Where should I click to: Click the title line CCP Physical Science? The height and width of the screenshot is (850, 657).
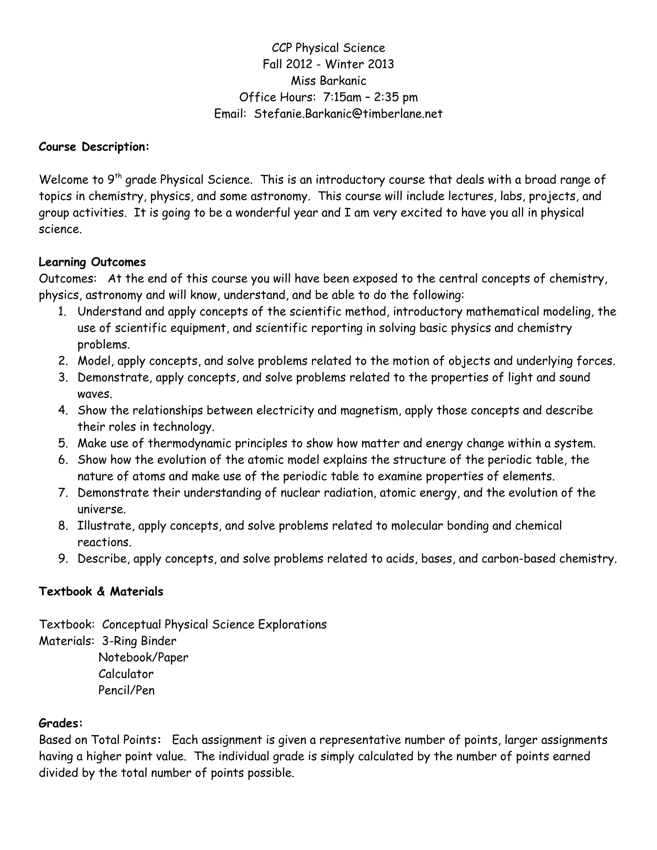328,48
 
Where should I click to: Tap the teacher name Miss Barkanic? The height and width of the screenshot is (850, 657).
328,81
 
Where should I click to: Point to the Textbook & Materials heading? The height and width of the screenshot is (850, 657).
101,591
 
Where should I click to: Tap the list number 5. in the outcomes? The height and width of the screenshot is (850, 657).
63,443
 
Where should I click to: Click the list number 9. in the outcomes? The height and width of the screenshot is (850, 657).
63,559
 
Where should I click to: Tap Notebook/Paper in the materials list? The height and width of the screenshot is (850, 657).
143,657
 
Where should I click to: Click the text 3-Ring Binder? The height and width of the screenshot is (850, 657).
139,641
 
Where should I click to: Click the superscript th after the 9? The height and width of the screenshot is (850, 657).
118,176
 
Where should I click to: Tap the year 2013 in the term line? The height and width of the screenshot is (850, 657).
380,64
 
